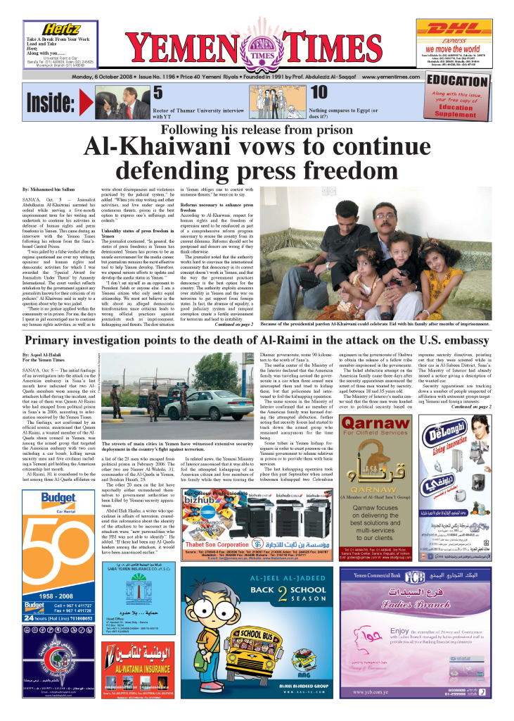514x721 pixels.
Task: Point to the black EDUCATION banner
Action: [457, 80]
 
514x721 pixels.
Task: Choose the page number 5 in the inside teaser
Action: [158, 92]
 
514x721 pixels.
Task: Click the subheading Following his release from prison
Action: [256, 130]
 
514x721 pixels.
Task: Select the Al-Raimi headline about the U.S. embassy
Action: [256, 341]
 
